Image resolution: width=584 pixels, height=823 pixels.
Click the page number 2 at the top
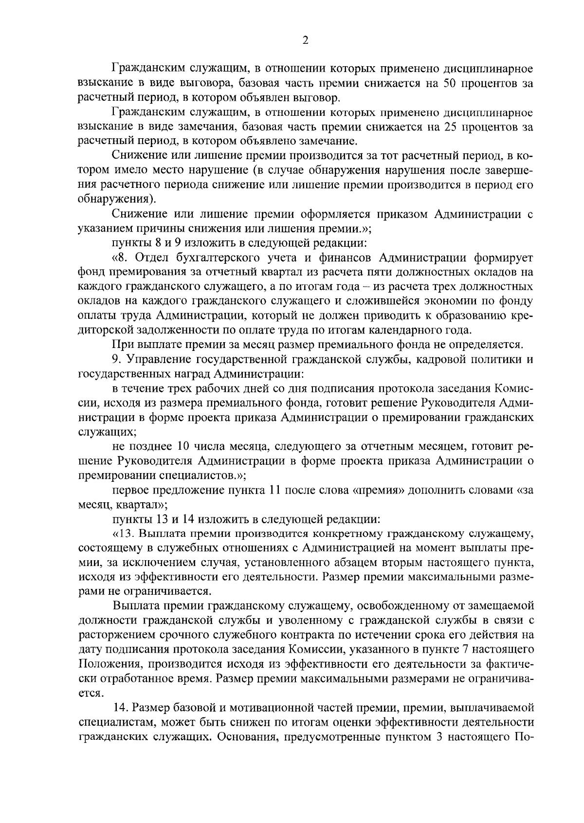tap(305, 41)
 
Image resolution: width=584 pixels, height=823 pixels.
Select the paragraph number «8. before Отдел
tap(119, 257)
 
